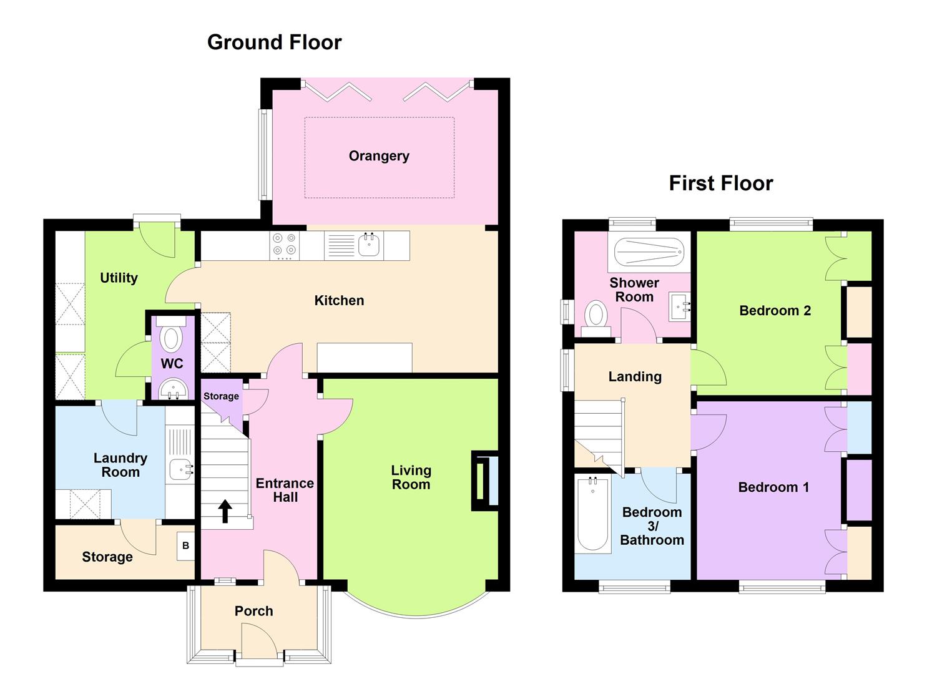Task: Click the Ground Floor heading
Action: click(275, 42)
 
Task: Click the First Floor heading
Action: click(721, 183)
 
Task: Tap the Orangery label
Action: click(379, 156)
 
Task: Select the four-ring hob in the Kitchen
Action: click(285, 245)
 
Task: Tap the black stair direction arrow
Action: click(225, 511)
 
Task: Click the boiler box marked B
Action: click(185, 545)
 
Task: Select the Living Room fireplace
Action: click(485, 481)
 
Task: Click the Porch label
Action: click(253, 611)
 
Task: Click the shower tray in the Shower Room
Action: click(649, 252)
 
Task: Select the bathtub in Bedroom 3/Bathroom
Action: click(592, 514)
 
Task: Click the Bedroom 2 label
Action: click(775, 310)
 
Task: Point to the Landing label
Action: click(635, 377)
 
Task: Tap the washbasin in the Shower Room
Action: click(680, 306)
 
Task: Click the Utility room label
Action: click(119, 278)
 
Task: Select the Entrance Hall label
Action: click(285, 490)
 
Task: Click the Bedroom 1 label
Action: click(773, 487)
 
